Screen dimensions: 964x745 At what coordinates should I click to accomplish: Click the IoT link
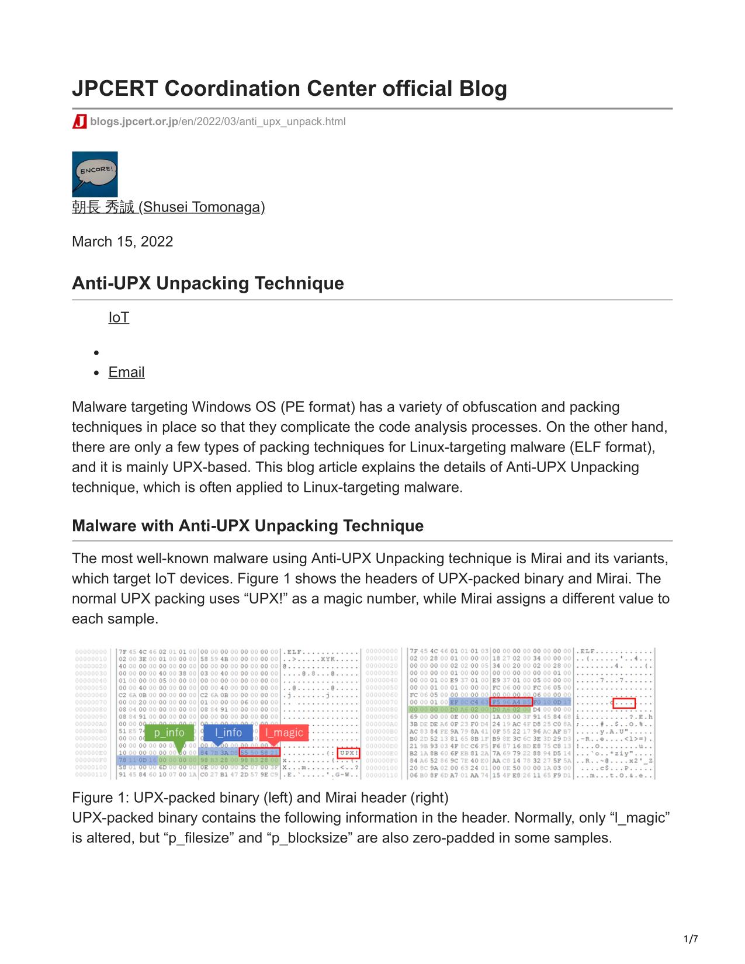pos(119,317)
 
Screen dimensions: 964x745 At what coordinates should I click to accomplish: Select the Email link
pos(126,372)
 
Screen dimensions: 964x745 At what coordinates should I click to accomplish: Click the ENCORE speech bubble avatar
pos(95,174)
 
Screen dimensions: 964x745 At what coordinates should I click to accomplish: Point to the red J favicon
pos(79,122)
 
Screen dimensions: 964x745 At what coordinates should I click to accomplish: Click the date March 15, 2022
pos(122,241)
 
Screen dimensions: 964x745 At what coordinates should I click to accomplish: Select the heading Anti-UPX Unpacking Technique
pos(207,283)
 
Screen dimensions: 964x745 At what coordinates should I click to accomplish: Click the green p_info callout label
pos(169,733)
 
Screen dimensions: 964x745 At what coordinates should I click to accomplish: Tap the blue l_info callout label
pos(228,733)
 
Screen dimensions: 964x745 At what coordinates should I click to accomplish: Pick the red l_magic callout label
pos(284,733)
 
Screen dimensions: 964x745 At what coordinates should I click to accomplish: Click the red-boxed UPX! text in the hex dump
pos(348,753)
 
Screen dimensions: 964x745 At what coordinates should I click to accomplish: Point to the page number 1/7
pos(690,939)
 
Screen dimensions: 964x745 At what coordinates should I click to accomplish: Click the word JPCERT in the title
pos(115,89)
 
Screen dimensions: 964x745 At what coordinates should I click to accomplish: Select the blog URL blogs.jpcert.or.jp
pos(134,122)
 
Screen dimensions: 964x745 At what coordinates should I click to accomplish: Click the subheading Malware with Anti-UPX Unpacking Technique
pos(247,526)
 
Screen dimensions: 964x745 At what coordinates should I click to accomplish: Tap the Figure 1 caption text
pos(260,797)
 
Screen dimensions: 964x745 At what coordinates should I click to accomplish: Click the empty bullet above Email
pos(97,352)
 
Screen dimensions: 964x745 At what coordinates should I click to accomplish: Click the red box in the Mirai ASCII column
pos(623,703)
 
